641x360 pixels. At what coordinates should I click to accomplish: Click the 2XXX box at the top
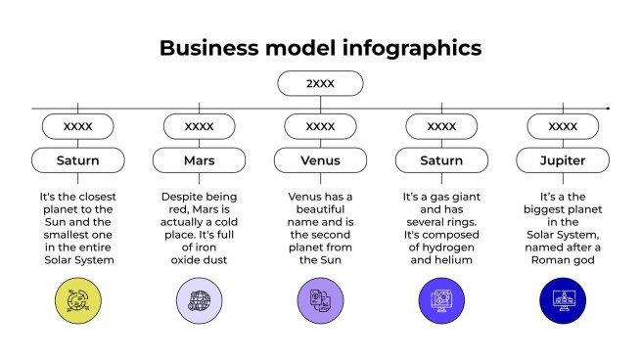pyautogui.click(x=320, y=84)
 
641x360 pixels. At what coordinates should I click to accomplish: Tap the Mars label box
pyautogui.click(x=199, y=159)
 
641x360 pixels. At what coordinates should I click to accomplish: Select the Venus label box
pyautogui.click(x=320, y=159)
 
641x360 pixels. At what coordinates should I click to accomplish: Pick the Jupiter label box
pyautogui.click(x=563, y=159)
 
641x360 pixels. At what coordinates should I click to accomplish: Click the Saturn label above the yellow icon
pyautogui.click(x=77, y=159)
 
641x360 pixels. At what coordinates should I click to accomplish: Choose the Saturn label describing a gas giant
pyautogui.click(x=441, y=159)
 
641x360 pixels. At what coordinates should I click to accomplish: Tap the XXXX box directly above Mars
pyautogui.click(x=199, y=126)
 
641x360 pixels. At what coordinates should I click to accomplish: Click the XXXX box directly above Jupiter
pyautogui.click(x=563, y=126)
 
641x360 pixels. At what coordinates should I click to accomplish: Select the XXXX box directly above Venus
pyautogui.click(x=320, y=126)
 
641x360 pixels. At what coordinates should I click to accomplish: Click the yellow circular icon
pyautogui.click(x=77, y=300)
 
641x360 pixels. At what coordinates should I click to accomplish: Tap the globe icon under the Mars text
pyautogui.click(x=199, y=300)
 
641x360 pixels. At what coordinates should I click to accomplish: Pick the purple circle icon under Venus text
pyautogui.click(x=320, y=300)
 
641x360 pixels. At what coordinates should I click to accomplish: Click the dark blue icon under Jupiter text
pyautogui.click(x=563, y=300)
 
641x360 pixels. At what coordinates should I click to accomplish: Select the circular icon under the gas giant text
pyautogui.click(x=441, y=300)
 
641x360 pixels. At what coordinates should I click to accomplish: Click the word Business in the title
pyautogui.click(x=203, y=47)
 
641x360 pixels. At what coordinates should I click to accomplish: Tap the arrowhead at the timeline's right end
pyautogui.click(x=608, y=108)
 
